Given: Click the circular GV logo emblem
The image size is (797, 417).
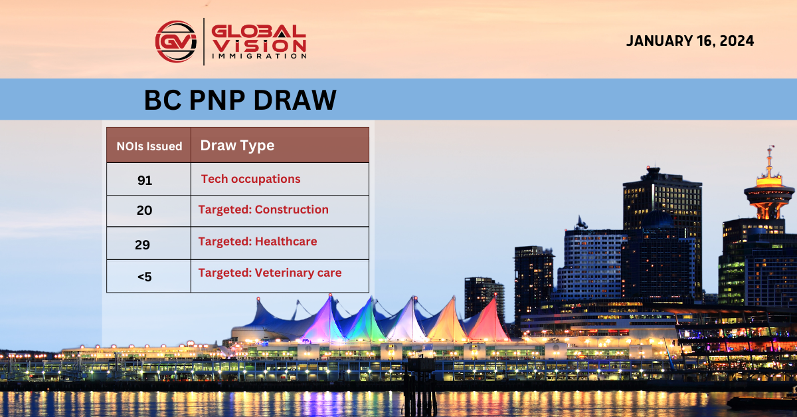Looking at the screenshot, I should tap(176, 41).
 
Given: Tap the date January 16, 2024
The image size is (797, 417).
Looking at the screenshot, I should tap(690, 41).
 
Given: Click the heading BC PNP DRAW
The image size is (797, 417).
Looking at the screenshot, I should tap(240, 100).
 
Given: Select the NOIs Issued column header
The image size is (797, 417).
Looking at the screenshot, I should tap(149, 146).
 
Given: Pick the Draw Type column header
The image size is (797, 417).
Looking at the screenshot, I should tap(237, 146).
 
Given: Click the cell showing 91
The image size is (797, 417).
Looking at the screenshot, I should tap(145, 180).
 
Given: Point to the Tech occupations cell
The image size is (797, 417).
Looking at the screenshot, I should tap(250, 179).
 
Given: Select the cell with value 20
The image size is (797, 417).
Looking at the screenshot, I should tap(144, 211).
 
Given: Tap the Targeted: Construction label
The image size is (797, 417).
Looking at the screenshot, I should tap(263, 209).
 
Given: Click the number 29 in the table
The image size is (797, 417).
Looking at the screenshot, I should tap(142, 245).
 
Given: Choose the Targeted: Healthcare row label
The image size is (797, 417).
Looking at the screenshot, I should tap(257, 241).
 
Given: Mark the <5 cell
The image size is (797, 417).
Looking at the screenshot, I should tap(144, 277).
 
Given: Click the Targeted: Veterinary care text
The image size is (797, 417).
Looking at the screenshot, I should tap(270, 273).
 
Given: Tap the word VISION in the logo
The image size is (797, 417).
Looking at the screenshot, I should tap(259, 45).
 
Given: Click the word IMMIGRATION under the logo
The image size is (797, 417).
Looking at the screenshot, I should tap(259, 57).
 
